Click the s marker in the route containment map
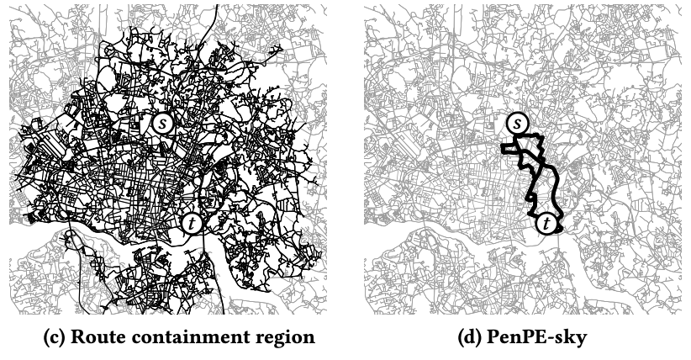(164, 122)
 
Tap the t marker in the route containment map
(193, 223)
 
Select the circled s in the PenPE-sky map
(519, 124)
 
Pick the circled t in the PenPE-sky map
(548, 224)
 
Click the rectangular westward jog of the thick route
(508, 149)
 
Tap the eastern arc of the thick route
(557, 181)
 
